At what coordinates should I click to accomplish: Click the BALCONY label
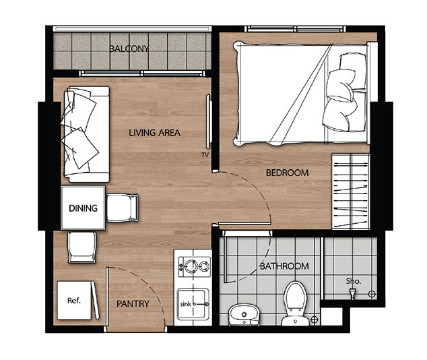pos(129,49)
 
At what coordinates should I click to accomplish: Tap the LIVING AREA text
pos(154,133)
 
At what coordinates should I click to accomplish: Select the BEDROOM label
pos(288,173)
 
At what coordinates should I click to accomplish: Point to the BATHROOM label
pos(285,266)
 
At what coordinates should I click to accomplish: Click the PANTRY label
pos(133,303)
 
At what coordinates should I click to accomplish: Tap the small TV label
pos(205,155)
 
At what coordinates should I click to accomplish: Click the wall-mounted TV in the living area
pos(209,121)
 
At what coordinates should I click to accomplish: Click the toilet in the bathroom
pos(295,303)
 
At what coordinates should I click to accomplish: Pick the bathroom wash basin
pos(243,315)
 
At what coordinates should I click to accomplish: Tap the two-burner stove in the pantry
pos(194,267)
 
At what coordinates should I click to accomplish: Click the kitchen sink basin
pos(193,304)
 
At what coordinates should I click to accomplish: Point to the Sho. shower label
pos(354,281)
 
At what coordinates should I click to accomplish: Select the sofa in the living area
pos(87,134)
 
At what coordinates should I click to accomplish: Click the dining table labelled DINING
pos(83,208)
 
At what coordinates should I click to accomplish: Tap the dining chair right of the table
pos(122,208)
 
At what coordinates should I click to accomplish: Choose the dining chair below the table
pos(81,247)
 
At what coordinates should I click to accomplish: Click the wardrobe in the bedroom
pos(351,191)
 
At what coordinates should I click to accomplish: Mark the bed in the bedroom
pos(302,94)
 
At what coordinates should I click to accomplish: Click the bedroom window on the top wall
pos(295,28)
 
